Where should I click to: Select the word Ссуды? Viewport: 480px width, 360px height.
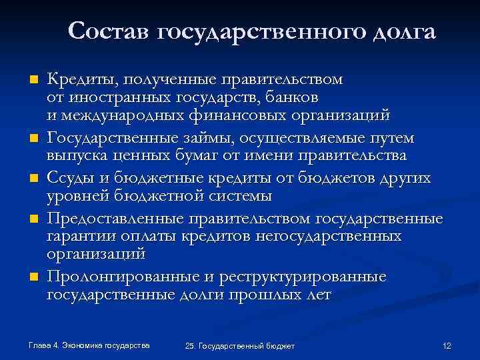point(70,179)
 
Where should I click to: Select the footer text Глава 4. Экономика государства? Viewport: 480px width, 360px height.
point(89,345)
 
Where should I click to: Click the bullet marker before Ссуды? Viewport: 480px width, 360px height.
point(31,180)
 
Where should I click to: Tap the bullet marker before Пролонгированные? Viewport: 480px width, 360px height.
point(31,277)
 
